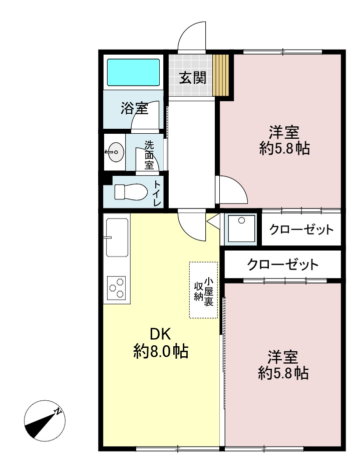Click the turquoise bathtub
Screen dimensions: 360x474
click(133, 72)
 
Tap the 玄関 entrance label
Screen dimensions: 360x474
click(193, 78)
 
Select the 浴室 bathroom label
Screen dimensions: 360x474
click(134, 108)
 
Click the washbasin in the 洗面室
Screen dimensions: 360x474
click(115, 152)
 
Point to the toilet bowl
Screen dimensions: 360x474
click(131, 192)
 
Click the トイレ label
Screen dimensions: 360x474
click(157, 193)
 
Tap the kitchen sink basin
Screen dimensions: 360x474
click(117, 235)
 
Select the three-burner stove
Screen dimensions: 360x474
click(117, 288)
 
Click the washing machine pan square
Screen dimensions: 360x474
click(242, 228)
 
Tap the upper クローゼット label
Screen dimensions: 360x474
click(301, 230)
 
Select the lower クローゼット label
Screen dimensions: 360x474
click(282, 265)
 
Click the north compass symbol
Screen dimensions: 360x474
click(45, 421)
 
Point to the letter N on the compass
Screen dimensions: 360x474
click(58, 411)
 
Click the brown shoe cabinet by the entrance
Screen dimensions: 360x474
click(221, 75)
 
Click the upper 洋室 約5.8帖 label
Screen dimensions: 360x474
click(284, 140)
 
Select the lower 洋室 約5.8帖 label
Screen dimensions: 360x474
click(283, 365)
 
